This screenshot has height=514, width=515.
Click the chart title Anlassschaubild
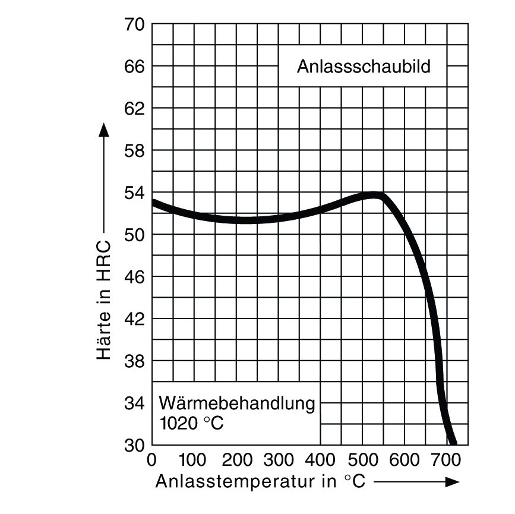[363, 65]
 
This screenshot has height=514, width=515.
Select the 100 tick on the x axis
[193, 459]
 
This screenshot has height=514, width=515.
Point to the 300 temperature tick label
[279, 459]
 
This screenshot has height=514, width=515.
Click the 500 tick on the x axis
[363, 459]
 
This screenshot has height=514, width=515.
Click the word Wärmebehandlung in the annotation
[236, 403]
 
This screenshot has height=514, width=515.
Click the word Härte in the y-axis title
[105, 343]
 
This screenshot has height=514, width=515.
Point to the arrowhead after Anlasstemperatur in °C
[451, 482]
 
